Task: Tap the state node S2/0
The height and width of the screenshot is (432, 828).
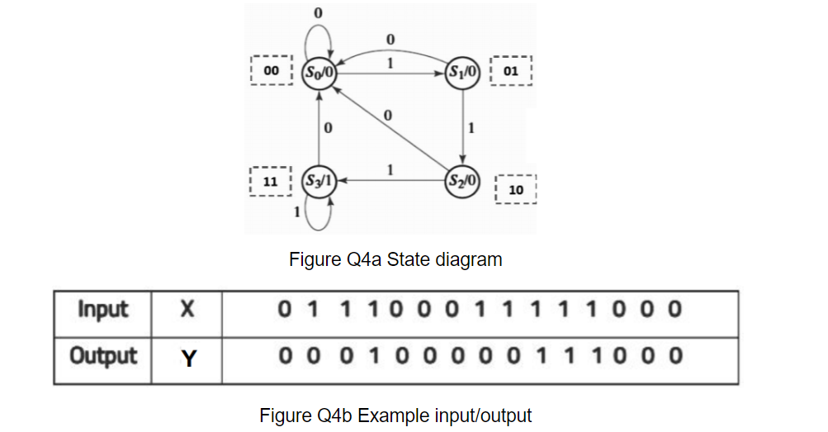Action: click(x=462, y=179)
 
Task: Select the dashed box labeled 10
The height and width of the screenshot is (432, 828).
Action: click(x=516, y=190)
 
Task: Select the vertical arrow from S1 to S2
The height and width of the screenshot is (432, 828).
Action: click(x=462, y=126)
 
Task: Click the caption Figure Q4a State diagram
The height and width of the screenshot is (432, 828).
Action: click(x=395, y=259)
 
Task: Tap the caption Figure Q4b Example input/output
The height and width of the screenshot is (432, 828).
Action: click(x=395, y=415)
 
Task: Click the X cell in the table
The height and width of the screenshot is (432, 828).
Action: click(x=187, y=311)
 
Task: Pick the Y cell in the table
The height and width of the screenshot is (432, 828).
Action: click(x=187, y=358)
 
